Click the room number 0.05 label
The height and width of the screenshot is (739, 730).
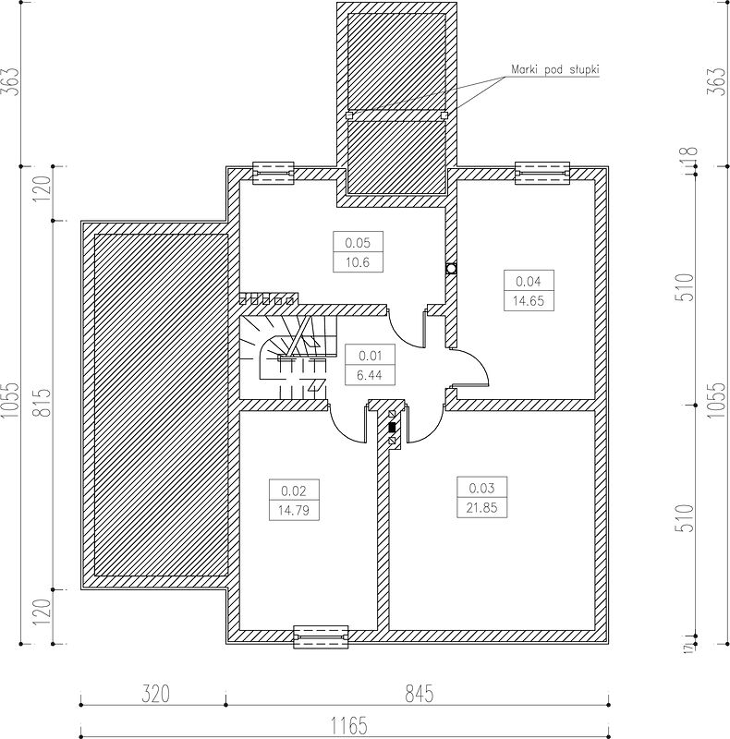358,243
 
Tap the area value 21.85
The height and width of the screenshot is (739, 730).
481,508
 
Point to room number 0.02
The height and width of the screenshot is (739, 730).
293,491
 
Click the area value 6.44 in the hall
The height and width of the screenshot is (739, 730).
370,376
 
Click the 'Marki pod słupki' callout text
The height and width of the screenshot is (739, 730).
555,70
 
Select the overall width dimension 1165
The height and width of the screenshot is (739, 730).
348,725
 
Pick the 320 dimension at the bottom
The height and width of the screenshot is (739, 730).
155,695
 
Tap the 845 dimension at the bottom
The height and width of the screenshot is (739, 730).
420,695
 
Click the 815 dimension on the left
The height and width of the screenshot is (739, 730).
43,403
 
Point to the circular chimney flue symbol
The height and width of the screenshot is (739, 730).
451,269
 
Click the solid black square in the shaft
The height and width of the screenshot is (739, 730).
392,428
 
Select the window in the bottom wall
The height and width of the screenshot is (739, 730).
321,636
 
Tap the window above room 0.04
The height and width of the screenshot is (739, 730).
541,174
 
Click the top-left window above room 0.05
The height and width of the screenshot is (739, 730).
274,174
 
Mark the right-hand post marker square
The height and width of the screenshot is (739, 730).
444,115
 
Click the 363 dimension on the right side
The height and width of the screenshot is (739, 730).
715,82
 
